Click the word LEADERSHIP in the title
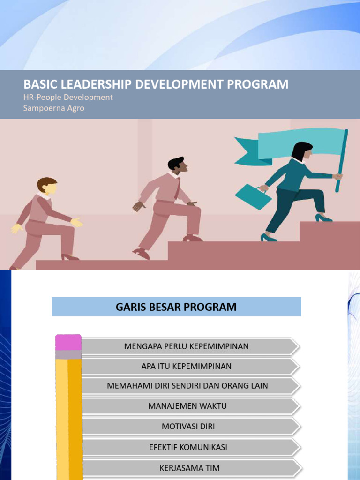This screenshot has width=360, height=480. point(99,84)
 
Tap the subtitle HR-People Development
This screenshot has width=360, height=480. point(68,97)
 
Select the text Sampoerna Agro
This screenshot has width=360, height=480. point(54,108)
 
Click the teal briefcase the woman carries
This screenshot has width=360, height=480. point(253,196)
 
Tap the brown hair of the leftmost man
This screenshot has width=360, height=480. point(46,183)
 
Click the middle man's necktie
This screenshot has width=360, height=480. point(177,189)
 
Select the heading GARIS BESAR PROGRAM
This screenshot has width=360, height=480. point(176,307)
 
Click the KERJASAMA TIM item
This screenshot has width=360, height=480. point(190,468)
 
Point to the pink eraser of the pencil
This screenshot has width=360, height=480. point(68,342)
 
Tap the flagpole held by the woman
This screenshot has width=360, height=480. point(342,161)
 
